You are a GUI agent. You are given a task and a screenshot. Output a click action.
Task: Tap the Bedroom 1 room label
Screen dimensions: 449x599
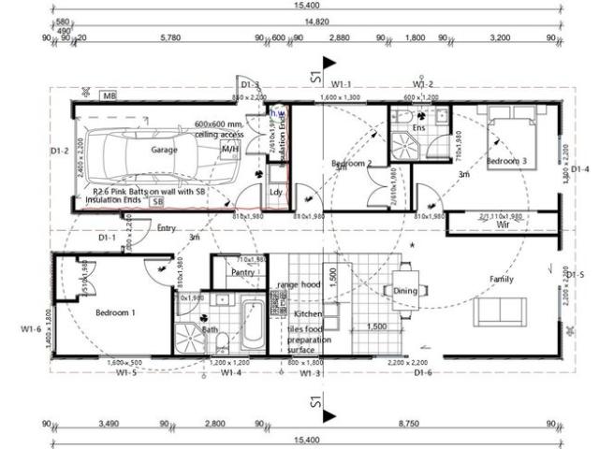coord(114,313)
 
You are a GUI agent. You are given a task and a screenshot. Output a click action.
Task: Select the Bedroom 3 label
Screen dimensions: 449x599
coord(506,161)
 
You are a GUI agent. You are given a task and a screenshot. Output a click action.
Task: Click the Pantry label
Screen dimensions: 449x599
coord(243,272)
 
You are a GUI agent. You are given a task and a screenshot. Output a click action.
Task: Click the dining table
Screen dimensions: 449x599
coord(405,292)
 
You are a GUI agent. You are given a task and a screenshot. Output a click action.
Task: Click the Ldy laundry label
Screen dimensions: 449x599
coord(276,192)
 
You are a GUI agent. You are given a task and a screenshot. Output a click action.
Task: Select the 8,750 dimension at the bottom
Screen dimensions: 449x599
coord(432,424)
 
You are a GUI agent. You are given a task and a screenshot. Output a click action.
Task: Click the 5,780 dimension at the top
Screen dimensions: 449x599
coord(170,37)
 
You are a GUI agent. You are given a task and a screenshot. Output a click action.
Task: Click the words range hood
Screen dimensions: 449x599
coord(298,283)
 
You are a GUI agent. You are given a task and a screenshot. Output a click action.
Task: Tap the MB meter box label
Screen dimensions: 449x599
coord(110,96)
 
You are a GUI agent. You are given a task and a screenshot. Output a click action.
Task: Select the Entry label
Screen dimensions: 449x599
coord(168,226)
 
